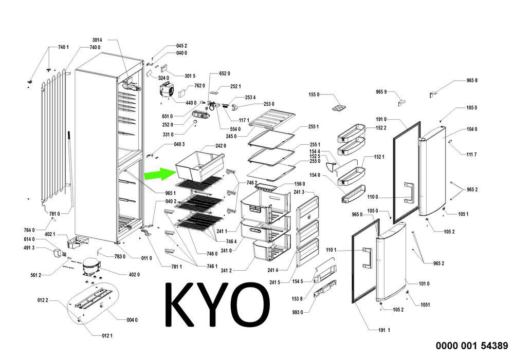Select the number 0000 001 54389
coord(472,346)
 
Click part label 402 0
coord(134,275)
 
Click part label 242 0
coord(221,146)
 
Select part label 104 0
coord(471,129)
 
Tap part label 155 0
coord(314,95)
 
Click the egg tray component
coord(341,107)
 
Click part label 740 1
coord(63,47)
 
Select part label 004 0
coord(132,320)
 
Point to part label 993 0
coord(298,312)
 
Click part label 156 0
coord(300,184)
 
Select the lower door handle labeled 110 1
coord(366,257)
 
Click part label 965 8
coord(472,81)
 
